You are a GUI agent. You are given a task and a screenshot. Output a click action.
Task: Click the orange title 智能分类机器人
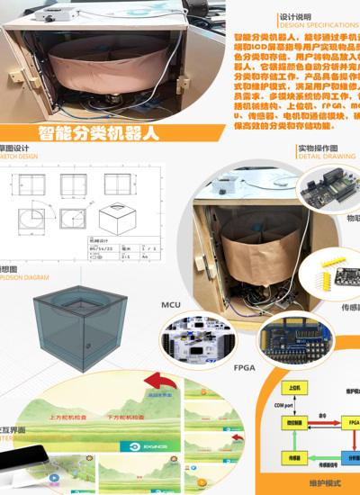tap(99, 133)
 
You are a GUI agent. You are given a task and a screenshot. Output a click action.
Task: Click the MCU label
tap(171, 305)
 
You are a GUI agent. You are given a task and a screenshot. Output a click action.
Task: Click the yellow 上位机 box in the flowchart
tap(292, 388)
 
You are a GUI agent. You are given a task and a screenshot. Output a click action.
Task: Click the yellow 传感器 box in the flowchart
tap(292, 457)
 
